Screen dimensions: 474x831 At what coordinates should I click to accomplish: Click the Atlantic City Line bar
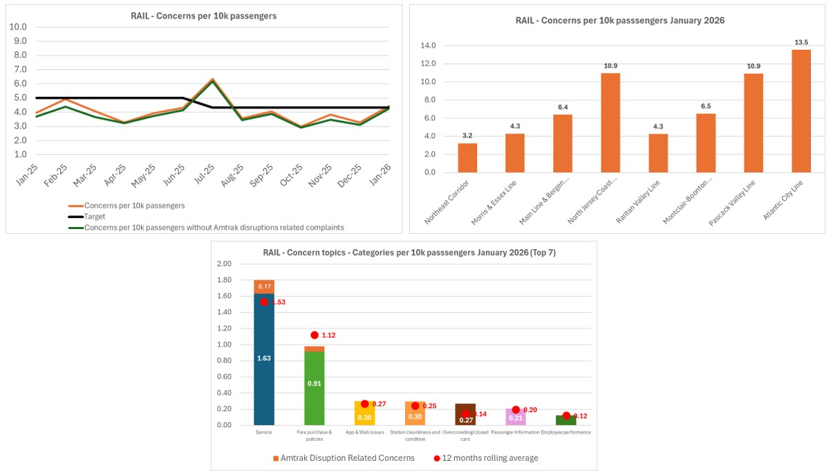[x=801, y=111]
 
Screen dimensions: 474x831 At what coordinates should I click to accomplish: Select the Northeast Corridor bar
[x=467, y=158]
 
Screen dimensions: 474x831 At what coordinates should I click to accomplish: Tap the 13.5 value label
[x=801, y=42]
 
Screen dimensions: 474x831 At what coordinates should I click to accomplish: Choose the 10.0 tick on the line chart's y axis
[x=17, y=27]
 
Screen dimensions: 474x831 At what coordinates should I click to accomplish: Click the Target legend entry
[x=95, y=217]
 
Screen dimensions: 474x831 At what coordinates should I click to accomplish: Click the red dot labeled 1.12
[x=315, y=335]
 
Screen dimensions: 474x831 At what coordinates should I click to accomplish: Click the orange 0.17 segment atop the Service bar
[x=264, y=286]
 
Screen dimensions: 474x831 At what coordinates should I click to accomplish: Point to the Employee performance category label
[x=566, y=432]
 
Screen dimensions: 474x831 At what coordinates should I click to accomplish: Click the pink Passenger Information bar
[x=515, y=417]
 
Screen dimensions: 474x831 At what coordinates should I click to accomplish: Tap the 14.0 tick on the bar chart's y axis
[x=428, y=46]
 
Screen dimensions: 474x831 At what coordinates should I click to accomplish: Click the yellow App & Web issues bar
[x=365, y=414]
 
